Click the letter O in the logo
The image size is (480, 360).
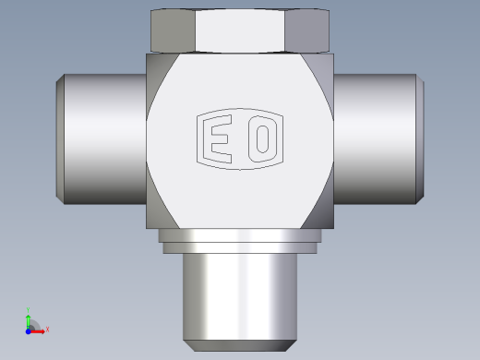[262, 138]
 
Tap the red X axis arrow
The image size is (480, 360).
[37, 331]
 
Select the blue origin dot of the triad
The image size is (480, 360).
[28, 331]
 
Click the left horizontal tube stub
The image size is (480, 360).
[104, 139]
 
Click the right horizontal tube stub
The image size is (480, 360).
[376, 139]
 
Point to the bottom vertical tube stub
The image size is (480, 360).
[240, 297]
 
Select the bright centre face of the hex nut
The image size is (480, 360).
[240, 30]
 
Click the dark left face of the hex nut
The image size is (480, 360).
[173, 30]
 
